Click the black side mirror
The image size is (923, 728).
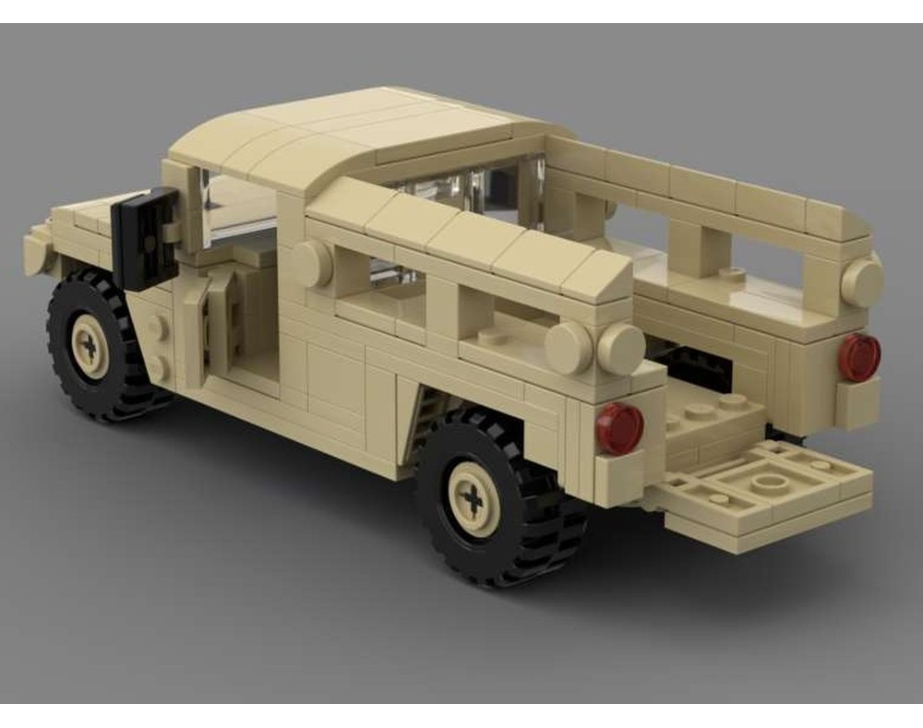(x=145, y=238)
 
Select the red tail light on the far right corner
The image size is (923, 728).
(x=859, y=357)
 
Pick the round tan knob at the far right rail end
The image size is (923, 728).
(x=862, y=281)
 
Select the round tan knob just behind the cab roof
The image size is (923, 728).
(x=313, y=264)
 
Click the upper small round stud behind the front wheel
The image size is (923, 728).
(x=159, y=326)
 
